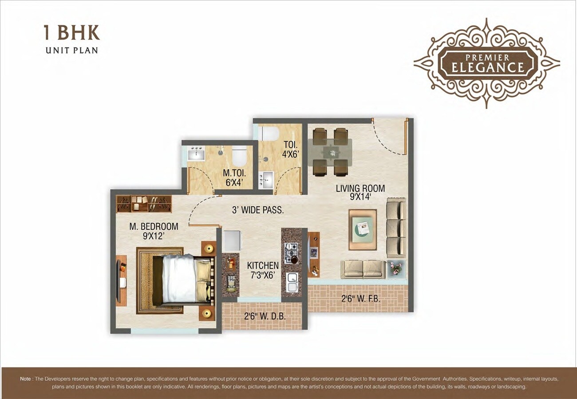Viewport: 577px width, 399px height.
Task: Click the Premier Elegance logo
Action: (486, 63)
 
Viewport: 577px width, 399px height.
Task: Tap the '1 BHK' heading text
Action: (71, 34)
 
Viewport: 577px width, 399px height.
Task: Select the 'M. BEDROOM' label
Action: (154, 226)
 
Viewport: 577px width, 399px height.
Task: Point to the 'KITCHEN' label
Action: (263, 266)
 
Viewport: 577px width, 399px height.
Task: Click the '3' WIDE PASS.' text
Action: (257, 210)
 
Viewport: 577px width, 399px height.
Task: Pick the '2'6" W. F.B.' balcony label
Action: (360, 299)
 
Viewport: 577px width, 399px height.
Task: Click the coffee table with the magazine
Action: (362, 229)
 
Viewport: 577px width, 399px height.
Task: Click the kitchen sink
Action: (292, 282)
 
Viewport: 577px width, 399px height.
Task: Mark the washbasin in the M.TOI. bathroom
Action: (195, 155)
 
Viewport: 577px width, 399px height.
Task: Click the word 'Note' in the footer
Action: (25, 379)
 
